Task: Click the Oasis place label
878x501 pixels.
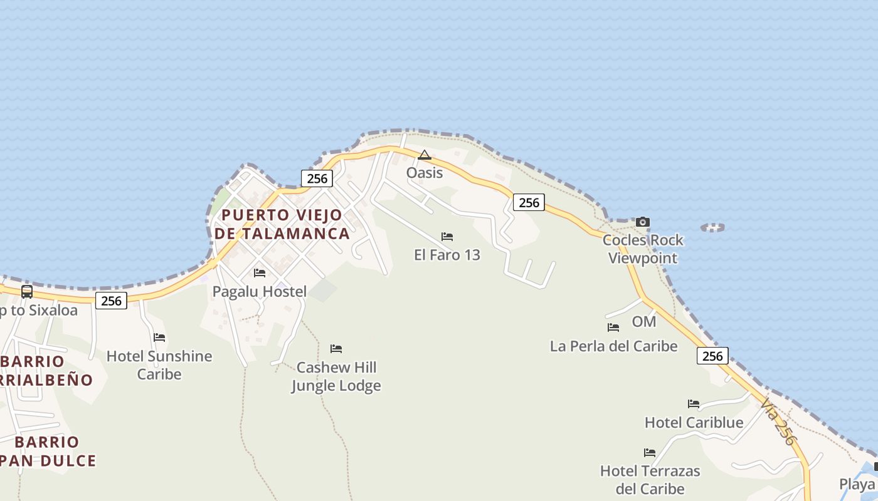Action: [x=425, y=173]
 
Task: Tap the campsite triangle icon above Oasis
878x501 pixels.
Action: [x=425, y=155]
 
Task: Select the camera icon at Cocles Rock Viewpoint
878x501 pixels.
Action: [x=643, y=222]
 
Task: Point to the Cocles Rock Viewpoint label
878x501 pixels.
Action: [x=643, y=249]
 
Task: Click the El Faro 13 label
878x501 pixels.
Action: [x=447, y=255]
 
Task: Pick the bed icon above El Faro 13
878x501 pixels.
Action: [x=447, y=237]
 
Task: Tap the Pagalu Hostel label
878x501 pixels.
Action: [x=260, y=291]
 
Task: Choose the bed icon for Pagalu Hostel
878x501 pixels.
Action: [x=260, y=273]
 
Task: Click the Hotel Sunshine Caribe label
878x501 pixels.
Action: [x=159, y=365]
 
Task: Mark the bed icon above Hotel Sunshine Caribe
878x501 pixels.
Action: [x=159, y=338]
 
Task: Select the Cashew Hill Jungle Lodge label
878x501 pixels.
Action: [x=336, y=376]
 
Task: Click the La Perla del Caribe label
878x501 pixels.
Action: [x=613, y=346]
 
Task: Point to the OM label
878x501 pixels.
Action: [x=643, y=322]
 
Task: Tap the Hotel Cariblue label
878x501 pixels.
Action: [x=694, y=423]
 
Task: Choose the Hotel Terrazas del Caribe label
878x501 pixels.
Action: [x=650, y=480]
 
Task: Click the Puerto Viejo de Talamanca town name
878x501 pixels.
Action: [x=282, y=224]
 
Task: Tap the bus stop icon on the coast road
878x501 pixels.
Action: [x=27, y=291]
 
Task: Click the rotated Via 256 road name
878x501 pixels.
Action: [x=778, y=423]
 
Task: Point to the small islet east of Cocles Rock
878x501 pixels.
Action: [x=712, y=227]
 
